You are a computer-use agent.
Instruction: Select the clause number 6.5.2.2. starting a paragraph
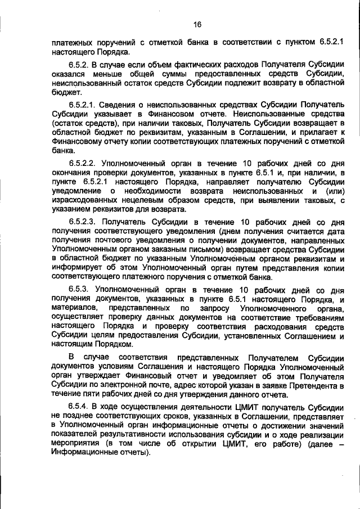pyautogui.click(x=87, y=161)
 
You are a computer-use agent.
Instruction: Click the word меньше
pyautogui.click(x=118, y=74)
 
